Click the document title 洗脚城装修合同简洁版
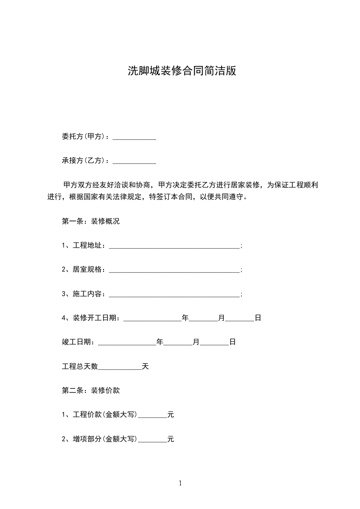(x=182, y=71)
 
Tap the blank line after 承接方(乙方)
(x=134, y=161)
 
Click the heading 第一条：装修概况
(x=90, y=222)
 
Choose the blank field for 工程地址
(x=174, y=246)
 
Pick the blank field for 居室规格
(x=174, y=270)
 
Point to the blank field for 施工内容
(x=174, y=294)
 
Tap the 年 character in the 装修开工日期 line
(x=185, y=318)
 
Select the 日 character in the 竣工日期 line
(x=232, y=343)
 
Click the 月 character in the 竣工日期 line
(x=196, y=343)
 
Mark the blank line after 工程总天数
(x=120, y=367)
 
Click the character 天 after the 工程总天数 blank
(x=145, y=367)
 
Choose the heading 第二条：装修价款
(x=90, y=390)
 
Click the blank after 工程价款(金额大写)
(x=152, y=415)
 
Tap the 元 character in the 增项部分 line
(x=171, y=439)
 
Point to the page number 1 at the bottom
(x=180, y=483)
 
